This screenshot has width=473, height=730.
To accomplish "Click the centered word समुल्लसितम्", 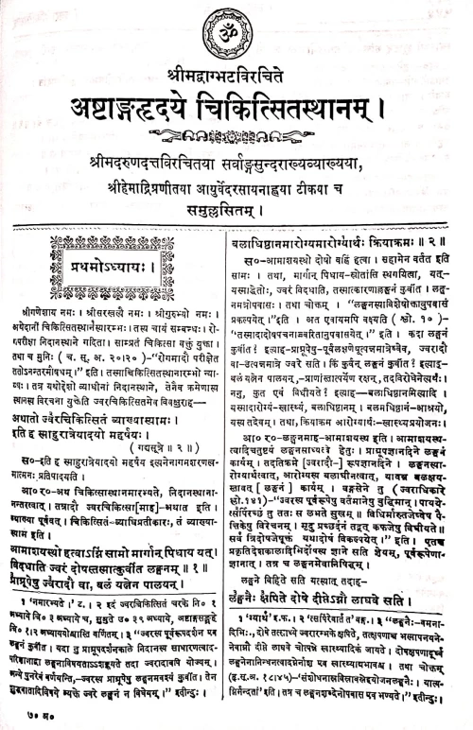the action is (x=236, y=191).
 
